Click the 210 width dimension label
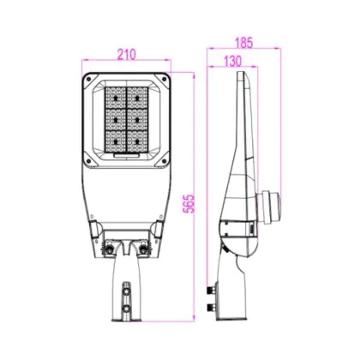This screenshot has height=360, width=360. [x=127, y=55]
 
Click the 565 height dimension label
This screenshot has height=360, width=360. [x=189, y=204]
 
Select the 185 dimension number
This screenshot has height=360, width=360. [x=244, y=43]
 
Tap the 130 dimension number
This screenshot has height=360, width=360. [x=232, y=61]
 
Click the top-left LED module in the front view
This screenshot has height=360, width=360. [x=116, y=98]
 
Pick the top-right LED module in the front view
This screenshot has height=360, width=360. [x=138, y=98]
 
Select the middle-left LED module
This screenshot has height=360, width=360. [x=116, y=120]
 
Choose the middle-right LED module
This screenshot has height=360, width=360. [x=138, y=120]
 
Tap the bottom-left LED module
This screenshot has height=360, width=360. [x=116, y=141]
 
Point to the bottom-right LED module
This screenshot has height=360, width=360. [x=138, y=141]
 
